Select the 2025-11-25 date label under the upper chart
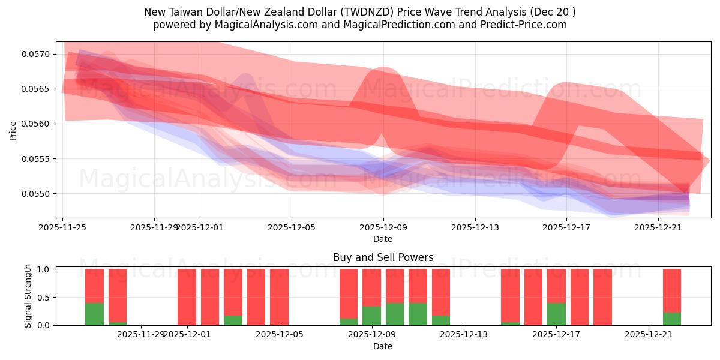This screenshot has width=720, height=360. [x=63, y=227]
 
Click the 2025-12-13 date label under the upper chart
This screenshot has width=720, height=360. [x=475, y=227]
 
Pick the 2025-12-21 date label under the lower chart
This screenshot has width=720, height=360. [x=649, y=335]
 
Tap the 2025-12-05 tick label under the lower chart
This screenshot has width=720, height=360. [x=279, y=335]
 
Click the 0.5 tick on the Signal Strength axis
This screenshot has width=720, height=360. [x=44, y=298]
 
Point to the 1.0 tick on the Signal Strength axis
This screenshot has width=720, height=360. [x=44, y=269]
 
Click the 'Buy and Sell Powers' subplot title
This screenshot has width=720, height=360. [x=383, y=257]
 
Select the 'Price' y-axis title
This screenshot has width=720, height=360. [x=13, y=130]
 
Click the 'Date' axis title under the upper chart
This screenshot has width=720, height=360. [x=383, y=239]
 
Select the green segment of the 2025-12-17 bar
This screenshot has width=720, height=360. [x=556, y=314]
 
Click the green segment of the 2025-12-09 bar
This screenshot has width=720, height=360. [x=371, y=316]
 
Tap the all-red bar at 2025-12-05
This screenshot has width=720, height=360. [x=279, y=297]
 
